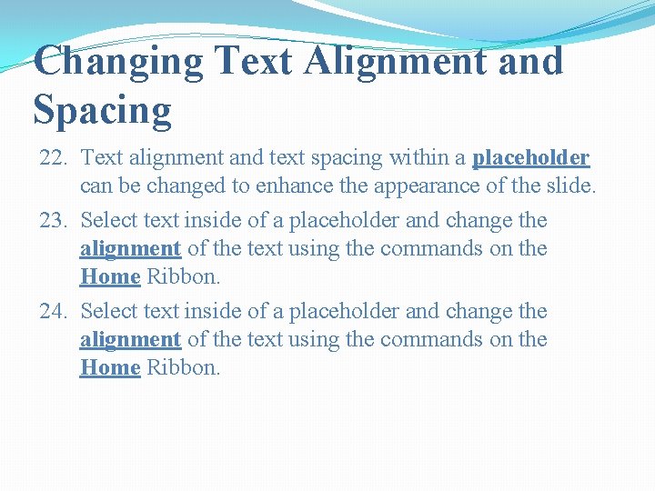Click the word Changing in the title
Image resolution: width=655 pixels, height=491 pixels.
pyautogui.click(x=118, y=62)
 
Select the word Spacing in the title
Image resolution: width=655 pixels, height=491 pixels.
pyautogui.click(x=102, y=110)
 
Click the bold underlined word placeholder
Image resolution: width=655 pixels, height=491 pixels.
pyautogui.click(x=530, y=158)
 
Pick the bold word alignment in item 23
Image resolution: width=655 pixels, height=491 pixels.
pyautogui.click(x=131, y=248)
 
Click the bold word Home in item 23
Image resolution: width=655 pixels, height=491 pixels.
pyautogui.click(x=110, y=276)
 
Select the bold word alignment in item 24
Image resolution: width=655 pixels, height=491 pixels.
pyautogui.click(x=131, y=339)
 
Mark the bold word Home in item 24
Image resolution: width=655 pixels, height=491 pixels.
pyautogui.click(x=110, y=367)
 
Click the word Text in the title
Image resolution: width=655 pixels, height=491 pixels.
pyautogui.click(x=256, y=62)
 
